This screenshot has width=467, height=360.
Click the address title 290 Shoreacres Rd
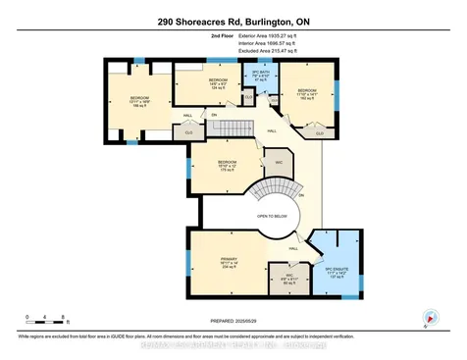point(233,21)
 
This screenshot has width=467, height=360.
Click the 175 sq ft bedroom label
point(228,167)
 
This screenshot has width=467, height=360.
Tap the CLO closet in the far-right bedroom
point(320,132)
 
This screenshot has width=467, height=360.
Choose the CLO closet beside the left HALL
point(188,130)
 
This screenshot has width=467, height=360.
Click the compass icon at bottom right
point(429,316)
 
